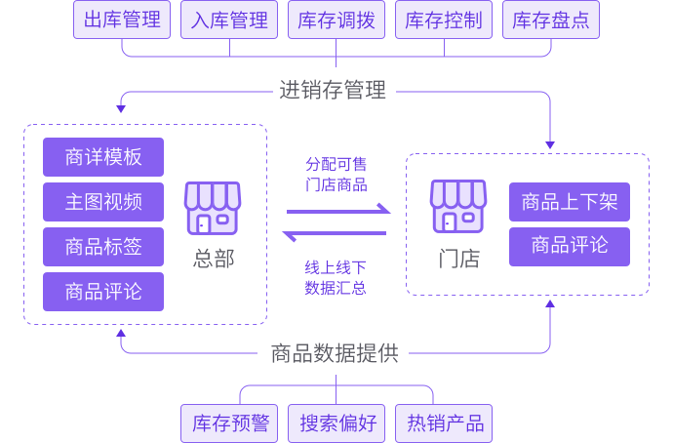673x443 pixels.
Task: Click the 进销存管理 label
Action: [334, 92]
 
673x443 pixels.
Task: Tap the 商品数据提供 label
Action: [335, 353]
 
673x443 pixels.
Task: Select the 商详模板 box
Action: [103, 157]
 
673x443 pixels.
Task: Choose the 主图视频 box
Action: [103, 202]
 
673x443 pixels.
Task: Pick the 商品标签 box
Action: [103, 247]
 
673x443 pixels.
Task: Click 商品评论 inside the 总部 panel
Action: [103, 292]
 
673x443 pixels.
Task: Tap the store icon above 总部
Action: [213, 207]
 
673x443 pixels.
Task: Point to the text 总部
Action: [214, 260]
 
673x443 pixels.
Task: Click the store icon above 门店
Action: [458, 207]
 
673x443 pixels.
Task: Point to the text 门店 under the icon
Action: [458, 260]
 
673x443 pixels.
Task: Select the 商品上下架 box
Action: [570, 202]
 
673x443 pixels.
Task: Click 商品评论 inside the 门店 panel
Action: [570, 246]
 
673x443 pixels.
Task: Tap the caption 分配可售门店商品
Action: [336, 174]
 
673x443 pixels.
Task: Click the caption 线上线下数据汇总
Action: [336, 277]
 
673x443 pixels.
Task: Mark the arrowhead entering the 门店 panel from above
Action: [550, 145]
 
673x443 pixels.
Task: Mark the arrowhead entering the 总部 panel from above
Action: [122, 107]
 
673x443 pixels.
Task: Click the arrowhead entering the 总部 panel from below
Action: [121, 334]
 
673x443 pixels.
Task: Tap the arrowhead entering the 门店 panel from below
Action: [550, 304]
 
